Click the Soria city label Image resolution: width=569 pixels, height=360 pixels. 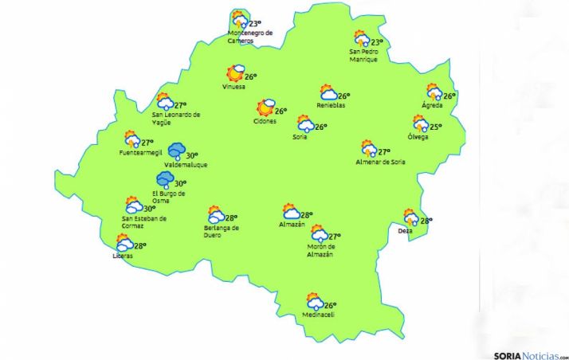300,136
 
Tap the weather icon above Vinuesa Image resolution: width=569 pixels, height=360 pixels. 234,74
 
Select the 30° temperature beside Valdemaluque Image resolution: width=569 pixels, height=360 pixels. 191,156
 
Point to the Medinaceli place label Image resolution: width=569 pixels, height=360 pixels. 318,315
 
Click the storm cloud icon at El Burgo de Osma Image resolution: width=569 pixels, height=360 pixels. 165,180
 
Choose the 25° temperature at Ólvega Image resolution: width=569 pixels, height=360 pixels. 435,126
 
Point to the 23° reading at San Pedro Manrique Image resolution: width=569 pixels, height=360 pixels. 378,42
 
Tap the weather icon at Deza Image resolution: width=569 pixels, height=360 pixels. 410,217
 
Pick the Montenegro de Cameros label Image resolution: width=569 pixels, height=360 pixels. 250,37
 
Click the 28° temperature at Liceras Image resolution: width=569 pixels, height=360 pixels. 141,246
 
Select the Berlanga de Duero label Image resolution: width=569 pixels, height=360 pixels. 222,232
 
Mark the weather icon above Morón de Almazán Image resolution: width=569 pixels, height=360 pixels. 319,234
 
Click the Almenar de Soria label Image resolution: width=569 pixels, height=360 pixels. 381,162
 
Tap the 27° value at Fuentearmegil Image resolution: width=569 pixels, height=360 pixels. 147,143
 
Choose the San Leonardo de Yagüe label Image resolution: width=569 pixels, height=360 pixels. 176,118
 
